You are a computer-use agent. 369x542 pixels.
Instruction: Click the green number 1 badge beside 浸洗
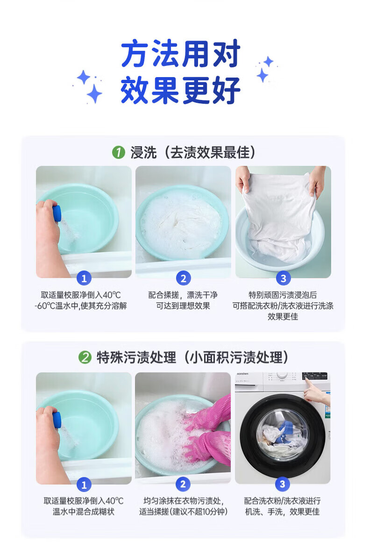pyautogui.click(x=118, y=152)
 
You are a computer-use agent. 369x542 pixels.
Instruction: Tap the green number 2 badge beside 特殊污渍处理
pyautogui.click(x=85, y=357)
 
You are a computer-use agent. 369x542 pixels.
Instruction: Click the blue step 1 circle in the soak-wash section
pyautogui.click(x=84, y=278)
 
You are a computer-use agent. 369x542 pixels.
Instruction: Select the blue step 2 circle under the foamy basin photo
pyautogui.click(x=184, y=278)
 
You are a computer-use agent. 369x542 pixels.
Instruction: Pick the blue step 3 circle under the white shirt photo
pyautogui.click(x=284, y=278)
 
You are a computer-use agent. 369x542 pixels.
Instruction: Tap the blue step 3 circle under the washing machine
pyautogui.click(x=283, y=484)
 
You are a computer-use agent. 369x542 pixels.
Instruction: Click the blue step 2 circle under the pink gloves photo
pyautogui.click(x=183, y=484)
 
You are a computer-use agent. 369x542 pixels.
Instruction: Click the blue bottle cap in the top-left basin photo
pyautogui.click(x=57, y=213)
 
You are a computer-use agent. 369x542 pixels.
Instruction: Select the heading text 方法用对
pyautogui.click(x=181, y=54)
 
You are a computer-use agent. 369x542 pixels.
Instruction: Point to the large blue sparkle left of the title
pyautogui.click(x=94, y=93)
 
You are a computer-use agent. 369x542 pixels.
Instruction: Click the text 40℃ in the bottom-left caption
pyautogui.click(x=114, y=500)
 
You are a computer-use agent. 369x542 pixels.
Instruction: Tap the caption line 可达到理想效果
pyautogui.click(x=183, y=306)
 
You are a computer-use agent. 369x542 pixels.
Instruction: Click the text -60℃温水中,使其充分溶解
pyautogui.click(x=81, y=306)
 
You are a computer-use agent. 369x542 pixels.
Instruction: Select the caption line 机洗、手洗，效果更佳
pyautogui.click(x=282, y=511)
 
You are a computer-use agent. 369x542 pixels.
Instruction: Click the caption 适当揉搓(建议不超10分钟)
pyautogui.click(x=184, y=511)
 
